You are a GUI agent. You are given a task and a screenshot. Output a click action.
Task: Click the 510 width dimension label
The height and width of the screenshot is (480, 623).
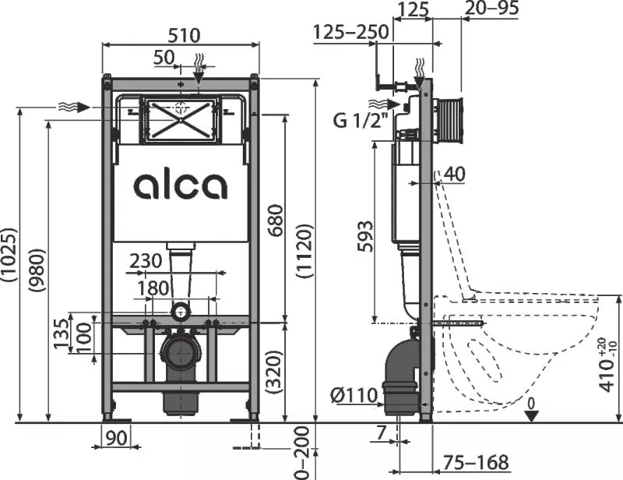[184, 36]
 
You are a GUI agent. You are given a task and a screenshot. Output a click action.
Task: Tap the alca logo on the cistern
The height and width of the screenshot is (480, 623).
[181, 185]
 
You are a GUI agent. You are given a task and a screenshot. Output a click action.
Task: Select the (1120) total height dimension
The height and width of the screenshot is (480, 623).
[305, 252]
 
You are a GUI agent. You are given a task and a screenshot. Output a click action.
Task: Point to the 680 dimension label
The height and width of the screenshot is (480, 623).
[276, 220]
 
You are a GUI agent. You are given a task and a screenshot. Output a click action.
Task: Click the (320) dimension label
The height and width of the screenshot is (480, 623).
[275, 372]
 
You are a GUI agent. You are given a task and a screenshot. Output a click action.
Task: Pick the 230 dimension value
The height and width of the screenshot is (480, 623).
[146, 261]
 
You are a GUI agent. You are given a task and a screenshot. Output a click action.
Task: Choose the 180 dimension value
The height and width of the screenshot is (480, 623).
[153, 288]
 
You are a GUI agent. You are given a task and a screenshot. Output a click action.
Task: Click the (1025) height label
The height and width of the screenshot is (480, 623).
[9, 255]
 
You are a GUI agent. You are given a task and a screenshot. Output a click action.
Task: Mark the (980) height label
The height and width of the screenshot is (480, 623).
[37, 271]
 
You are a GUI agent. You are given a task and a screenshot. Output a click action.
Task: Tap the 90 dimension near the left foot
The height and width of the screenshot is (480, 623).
[117, 438]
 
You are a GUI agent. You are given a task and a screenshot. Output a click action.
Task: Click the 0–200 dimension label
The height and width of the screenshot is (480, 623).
[303, 453]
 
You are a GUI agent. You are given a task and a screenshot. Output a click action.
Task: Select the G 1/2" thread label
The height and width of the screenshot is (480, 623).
[360, 120]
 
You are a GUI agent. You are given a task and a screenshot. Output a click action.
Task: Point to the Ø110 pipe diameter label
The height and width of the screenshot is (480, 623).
[354, 395]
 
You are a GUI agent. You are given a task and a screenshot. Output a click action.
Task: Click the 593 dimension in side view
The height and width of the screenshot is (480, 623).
[365, 236]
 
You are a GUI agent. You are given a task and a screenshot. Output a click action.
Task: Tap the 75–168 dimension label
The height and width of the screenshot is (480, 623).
[476, 462]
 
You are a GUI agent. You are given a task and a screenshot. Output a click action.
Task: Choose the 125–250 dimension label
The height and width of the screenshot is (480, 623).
[351, 32]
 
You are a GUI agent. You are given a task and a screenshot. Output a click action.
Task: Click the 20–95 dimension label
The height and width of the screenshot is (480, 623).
[491, 8]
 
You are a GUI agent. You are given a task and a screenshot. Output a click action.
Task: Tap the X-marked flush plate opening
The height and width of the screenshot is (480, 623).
[181, 119]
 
